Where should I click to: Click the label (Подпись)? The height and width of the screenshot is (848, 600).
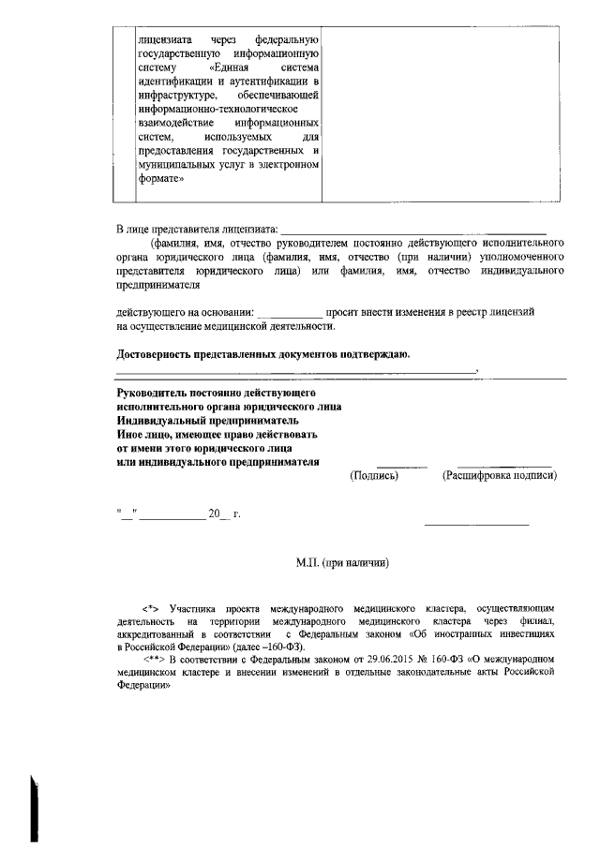click(374, 476)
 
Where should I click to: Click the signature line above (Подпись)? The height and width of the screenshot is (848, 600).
click(401, 467)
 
